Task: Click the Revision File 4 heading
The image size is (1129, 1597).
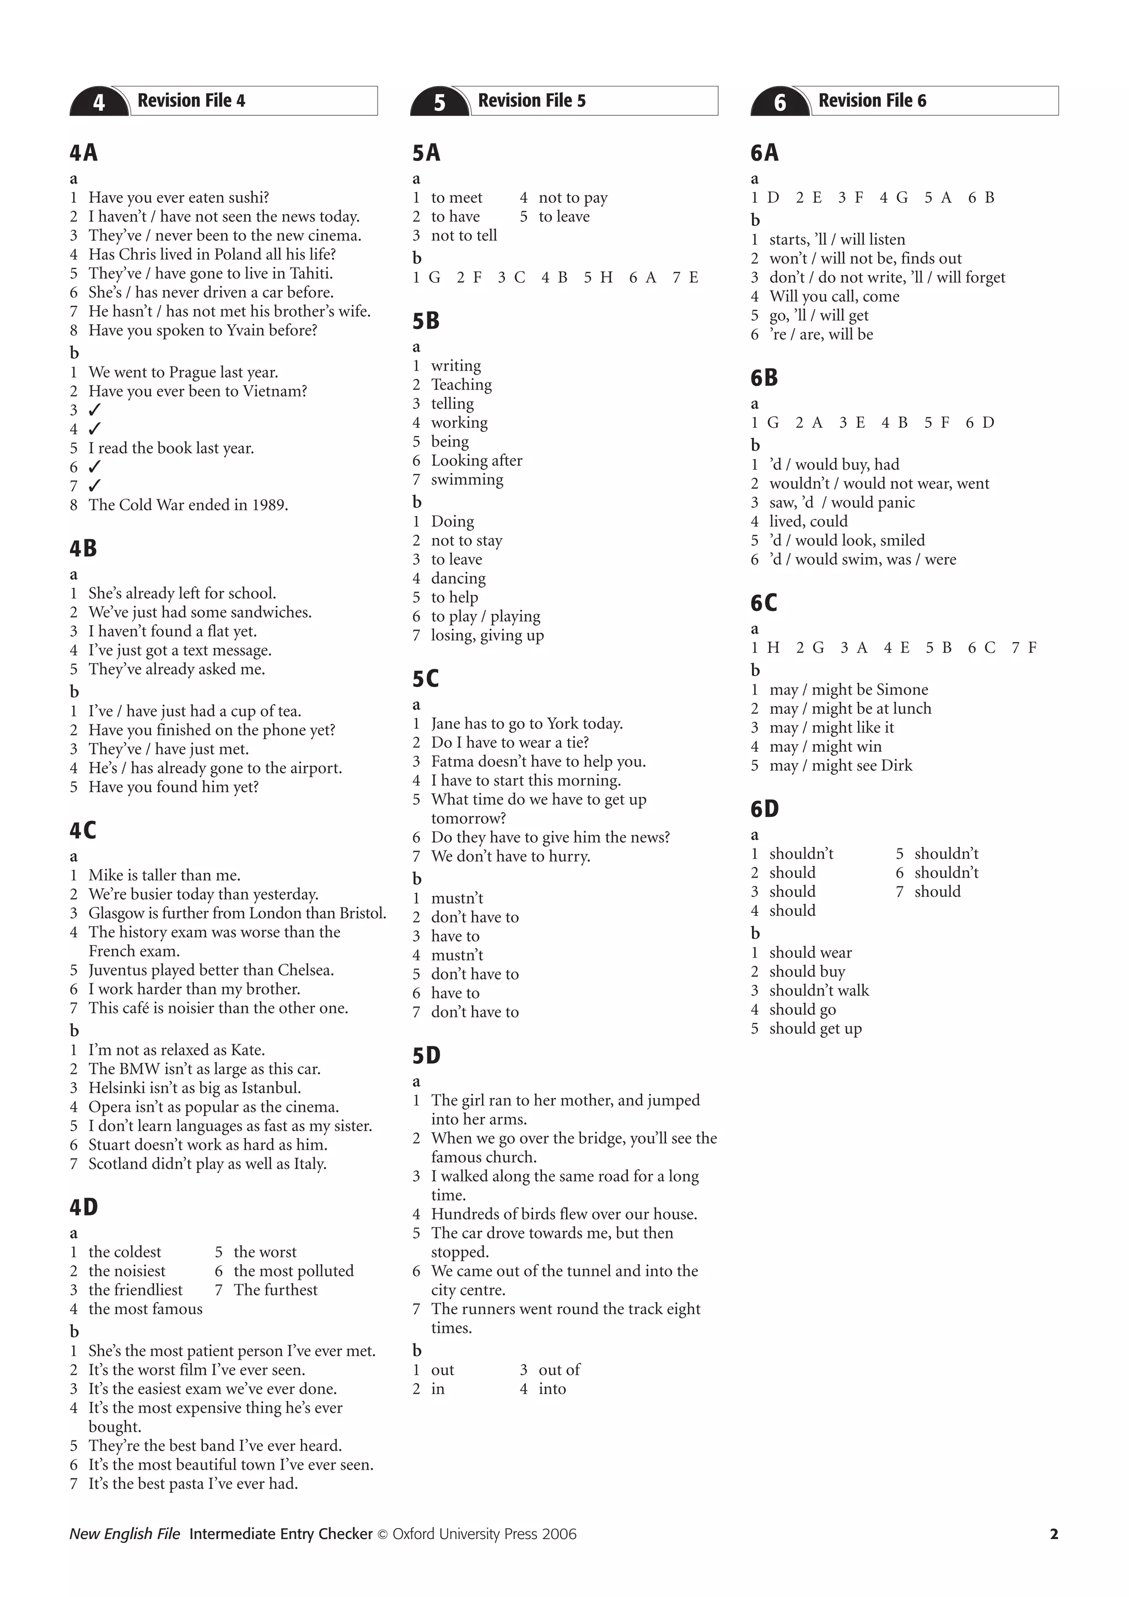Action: click(191, 101)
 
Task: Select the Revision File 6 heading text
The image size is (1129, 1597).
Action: click(872, 101)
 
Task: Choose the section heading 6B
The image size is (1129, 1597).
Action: click(764, 378)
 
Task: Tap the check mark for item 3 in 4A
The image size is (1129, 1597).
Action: click(95, 410)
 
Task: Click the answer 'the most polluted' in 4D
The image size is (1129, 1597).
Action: click(294, 1271)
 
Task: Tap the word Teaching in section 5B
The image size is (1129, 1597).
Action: click(461, 385)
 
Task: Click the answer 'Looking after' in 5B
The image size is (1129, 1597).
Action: click(476, 460)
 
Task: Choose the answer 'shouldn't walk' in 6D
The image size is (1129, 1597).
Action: click(819, 991)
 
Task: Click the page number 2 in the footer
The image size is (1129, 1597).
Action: click(1053, 1534)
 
